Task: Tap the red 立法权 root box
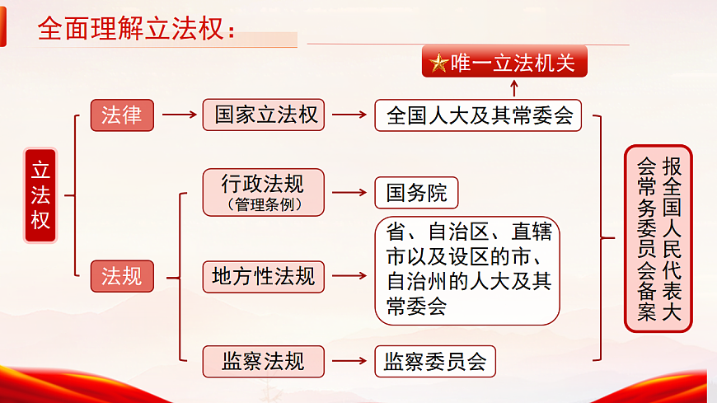[x=40, y=196]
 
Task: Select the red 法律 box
[x=122, y=115]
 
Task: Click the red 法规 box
[x=122, y=276]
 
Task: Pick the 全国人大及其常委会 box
[x=479, y=115]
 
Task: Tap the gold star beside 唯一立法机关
[x=439, y=63]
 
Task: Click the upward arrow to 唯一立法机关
[x=516, y=87]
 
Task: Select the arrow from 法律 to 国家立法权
[x=179, y=115]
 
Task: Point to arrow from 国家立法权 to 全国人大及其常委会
[x=349, y=115]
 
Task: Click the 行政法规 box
[x=264, y=192]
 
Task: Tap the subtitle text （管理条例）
[x=264, y=205]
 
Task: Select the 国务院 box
[x=416, y=193]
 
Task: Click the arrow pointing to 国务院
[x=349, y=193]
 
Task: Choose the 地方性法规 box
[x=264, y=276]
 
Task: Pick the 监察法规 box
[x=264, y=361]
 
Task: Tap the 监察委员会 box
[x=435, y=361]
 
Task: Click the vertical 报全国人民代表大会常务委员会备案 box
[x=658, y=238]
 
